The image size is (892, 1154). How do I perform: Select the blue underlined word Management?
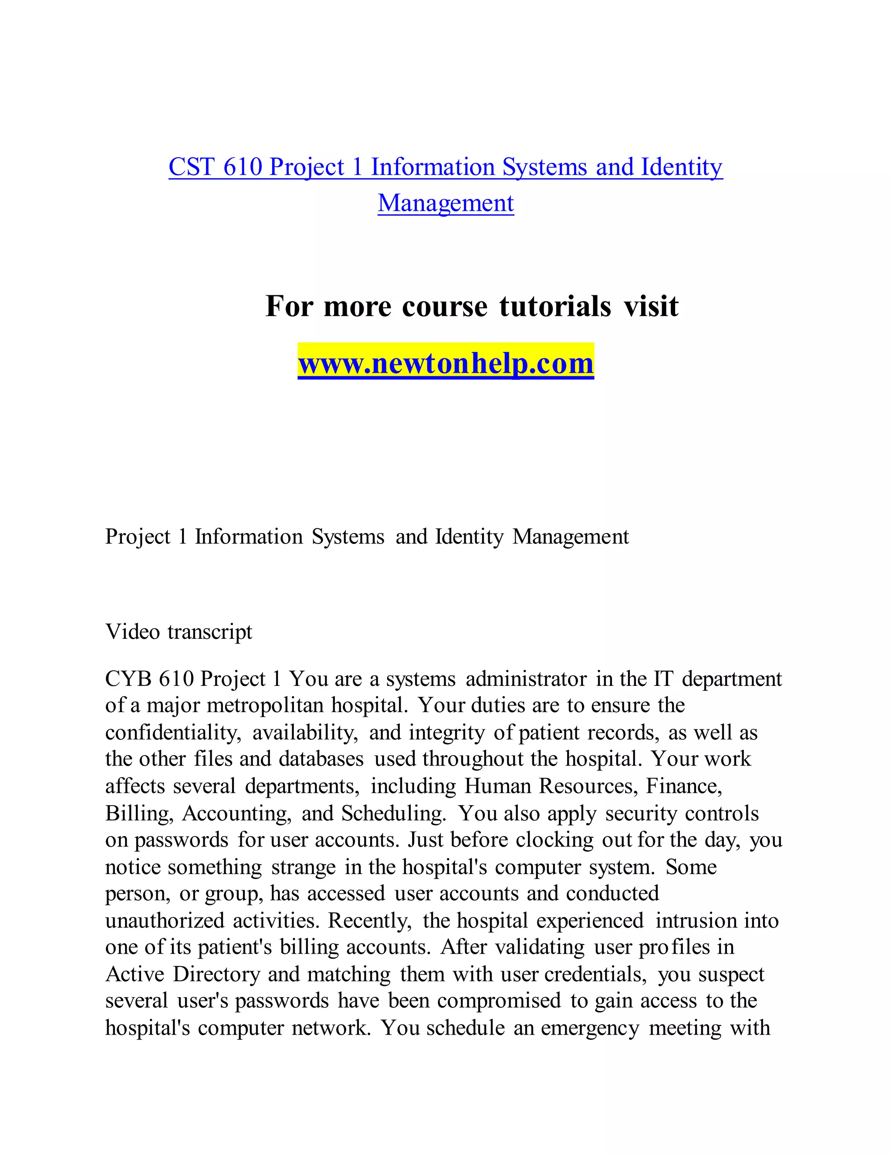pos(446,203)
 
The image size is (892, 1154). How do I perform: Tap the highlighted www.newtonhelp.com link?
pos(446,364)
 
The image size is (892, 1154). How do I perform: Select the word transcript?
pos(210,632)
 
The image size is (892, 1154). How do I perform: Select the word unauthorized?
pos(165,921)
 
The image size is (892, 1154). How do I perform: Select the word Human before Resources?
pos(497,786)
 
